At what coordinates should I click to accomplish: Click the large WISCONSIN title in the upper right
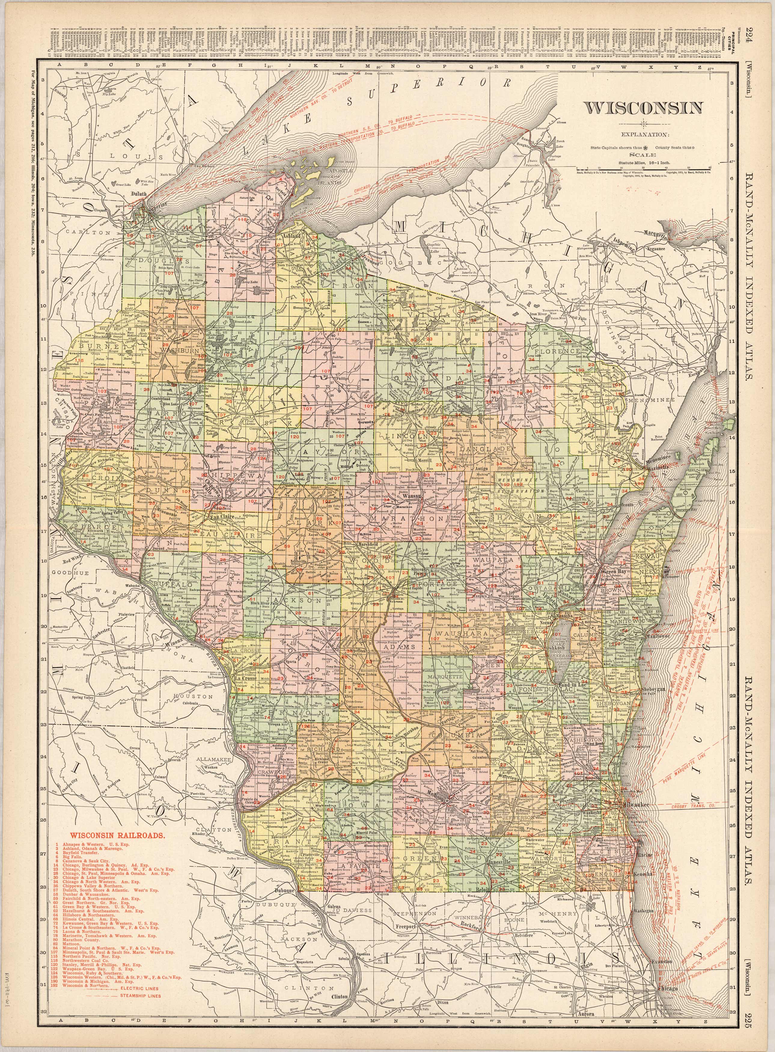(643, 108)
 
